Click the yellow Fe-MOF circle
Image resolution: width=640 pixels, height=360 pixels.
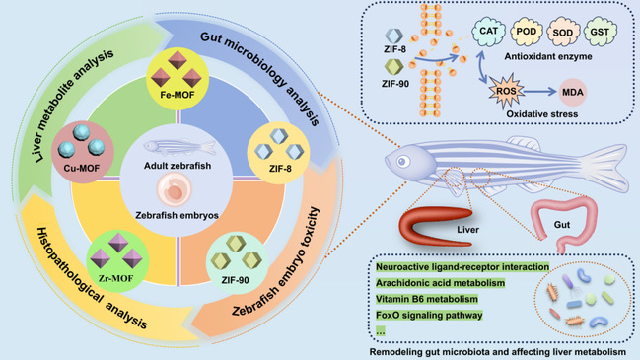tap(178, 79)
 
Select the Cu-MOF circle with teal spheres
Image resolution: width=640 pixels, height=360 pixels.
tap(83, 152)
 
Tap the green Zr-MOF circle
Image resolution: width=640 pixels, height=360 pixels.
tap(117, 261)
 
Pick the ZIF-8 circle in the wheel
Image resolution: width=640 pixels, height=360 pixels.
tap(278, 153)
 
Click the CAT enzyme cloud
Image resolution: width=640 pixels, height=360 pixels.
tap(488, 32)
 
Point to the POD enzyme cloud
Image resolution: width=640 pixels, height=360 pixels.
tap(527, 32)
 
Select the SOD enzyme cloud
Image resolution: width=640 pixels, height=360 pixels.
tap(563, 32)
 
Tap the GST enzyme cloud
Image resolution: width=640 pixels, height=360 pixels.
tap(600, 32)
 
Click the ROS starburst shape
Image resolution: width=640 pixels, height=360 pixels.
tap(507, 91)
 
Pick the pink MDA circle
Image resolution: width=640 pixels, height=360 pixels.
tap(572, 93)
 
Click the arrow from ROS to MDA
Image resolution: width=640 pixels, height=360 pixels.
tap(540, 92)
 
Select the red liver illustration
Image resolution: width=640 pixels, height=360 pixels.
tap(435, 226)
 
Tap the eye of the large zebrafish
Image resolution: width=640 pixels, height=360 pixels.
tap(403, 162)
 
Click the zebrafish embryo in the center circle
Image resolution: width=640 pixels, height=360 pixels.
tap(175, 189)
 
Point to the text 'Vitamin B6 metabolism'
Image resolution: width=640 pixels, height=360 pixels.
tap(427, 299)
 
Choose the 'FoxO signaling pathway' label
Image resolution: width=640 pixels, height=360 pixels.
tap(429, 315)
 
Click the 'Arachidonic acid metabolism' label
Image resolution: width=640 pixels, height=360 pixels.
tap(440, 283)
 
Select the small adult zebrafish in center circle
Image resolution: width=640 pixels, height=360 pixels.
tap(179, 147)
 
